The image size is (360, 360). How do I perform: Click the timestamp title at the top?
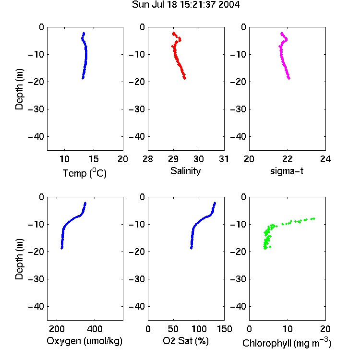tap(186, 5)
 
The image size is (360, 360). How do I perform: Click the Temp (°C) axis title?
tap(84, 173)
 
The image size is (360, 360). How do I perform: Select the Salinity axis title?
tap(185, 171)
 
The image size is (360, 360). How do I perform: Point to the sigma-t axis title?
tap(287, 171)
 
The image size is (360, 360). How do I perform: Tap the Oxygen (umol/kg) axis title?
tap(84, 341)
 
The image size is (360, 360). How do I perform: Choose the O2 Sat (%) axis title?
tap(186, 341)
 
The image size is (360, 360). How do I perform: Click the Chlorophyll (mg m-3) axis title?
tap(287, 342)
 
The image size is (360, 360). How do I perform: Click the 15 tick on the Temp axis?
tap(94, 159)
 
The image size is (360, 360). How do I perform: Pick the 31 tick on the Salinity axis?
tap(224, 159)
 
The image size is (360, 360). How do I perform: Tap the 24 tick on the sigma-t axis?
tap(325, 159)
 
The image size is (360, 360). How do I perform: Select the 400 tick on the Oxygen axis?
tap(95, 329)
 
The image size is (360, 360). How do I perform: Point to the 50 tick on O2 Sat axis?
tap(173, 329)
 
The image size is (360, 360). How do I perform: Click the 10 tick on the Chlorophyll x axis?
tap(288, 329)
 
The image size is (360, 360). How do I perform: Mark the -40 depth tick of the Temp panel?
tap(36, 137)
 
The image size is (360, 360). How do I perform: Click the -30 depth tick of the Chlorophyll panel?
tap(238, 279)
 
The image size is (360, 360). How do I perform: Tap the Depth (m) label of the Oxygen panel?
tap(19, 259)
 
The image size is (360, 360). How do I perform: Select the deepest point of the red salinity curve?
tap(185, 78)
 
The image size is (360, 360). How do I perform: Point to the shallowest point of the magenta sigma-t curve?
tap(282, 33)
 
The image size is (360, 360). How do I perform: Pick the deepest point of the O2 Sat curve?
tap(191, 248)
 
